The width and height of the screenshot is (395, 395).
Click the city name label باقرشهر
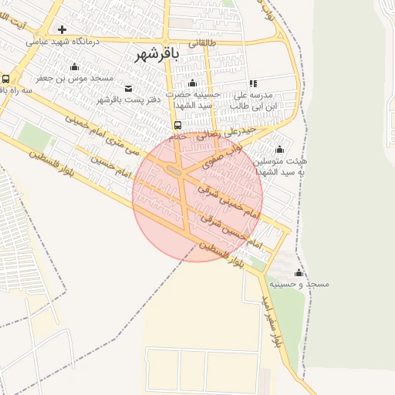click(157, 54)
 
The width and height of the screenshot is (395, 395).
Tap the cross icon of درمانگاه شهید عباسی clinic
click(62, 29)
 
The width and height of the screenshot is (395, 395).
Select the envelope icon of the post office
click(128, 88)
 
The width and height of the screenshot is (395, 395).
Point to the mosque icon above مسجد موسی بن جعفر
click(74, 66)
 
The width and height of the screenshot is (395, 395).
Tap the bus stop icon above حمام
click(178, 125)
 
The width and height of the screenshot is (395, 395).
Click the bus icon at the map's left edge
click(5, 79)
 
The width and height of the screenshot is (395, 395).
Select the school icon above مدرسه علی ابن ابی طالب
click(252, 83)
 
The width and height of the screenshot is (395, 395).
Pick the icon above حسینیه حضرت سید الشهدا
click(192, 83)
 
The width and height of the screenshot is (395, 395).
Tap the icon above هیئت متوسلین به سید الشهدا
click(279, 150)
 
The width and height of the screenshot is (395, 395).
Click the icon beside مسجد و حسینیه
click(299, 273)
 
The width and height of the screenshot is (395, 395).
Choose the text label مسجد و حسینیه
click(306, 285)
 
